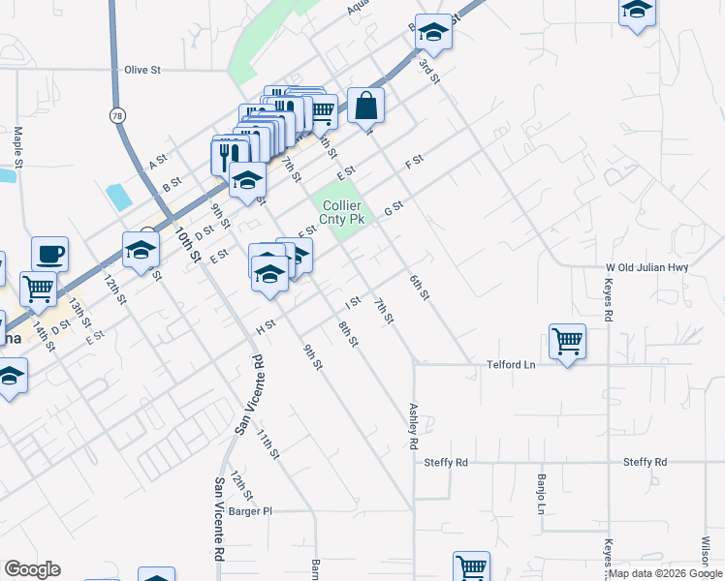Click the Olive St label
point(142,71)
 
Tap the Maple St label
point(17,145)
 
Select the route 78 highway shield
point(117,115)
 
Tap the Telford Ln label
point(511,366)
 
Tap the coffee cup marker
point(49,255)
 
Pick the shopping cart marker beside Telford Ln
point(567,341)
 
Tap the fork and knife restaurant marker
point(230,153)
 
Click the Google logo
point(32,569)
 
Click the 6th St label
point(418,288)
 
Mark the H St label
point(266,328)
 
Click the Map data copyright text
point(666,573)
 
